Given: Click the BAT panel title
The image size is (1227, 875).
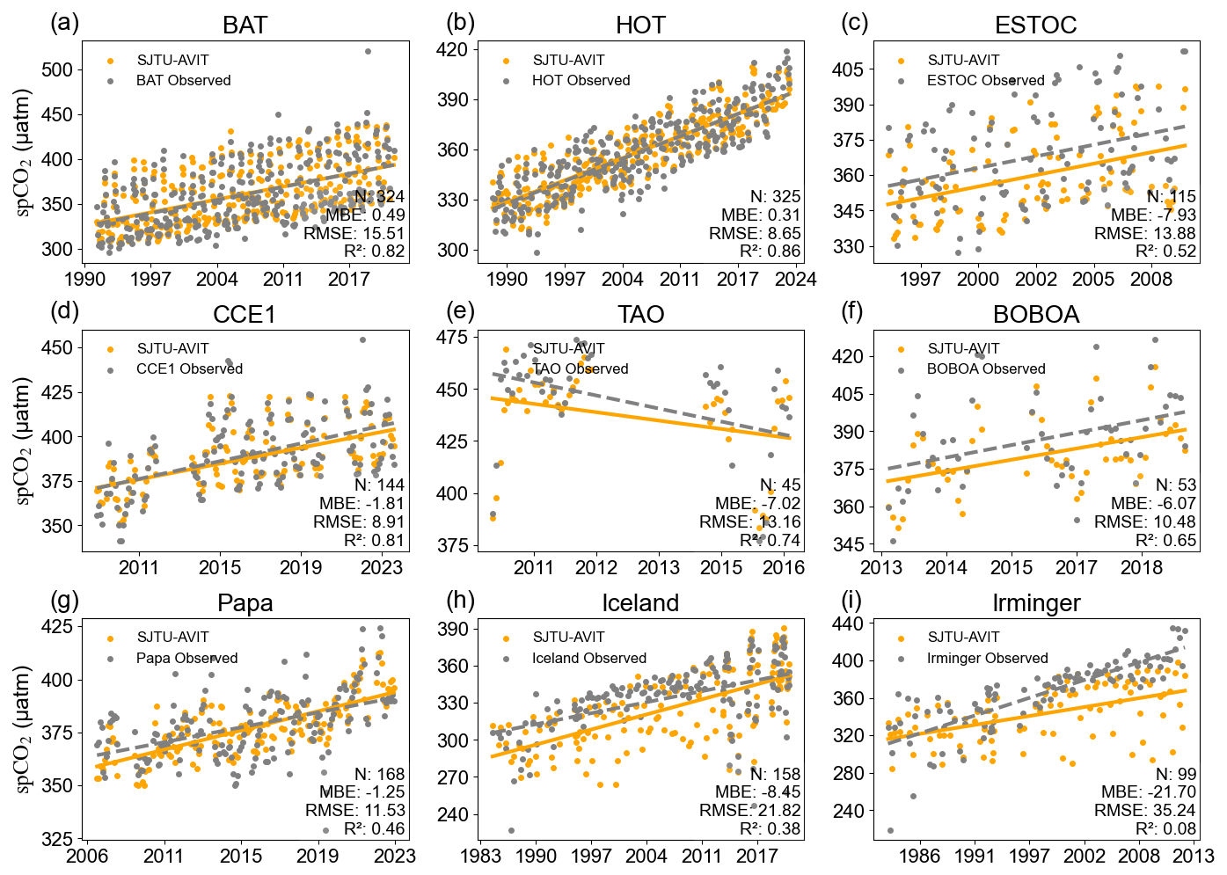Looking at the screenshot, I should [245, 26].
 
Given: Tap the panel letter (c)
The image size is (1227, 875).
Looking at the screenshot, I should [855, 23].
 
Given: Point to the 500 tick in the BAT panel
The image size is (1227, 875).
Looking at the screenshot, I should [57, 69].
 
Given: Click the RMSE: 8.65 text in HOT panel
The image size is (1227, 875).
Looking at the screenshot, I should [755, 233].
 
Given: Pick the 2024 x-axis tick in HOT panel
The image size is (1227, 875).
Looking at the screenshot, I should [795, 280].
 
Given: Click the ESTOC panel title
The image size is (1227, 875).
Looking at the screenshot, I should [1035, 26].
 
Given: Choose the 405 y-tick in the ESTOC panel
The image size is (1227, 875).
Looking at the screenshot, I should [848, 69].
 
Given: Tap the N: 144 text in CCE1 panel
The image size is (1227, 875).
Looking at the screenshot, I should [379, 485].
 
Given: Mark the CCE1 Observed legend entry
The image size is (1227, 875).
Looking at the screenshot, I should [189, 369].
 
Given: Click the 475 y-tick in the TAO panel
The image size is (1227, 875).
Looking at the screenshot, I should [452, 337].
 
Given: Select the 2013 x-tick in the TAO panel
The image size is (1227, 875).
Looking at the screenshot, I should [659, 568].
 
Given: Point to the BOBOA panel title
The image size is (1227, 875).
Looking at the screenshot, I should [1035, 315].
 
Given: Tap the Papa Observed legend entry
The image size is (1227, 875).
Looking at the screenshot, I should [186, 658].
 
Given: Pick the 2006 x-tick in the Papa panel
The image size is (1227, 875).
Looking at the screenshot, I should [87, 857].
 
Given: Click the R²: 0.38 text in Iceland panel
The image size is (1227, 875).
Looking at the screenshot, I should [770, 828].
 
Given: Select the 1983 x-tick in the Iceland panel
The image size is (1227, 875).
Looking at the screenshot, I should [480, 857].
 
